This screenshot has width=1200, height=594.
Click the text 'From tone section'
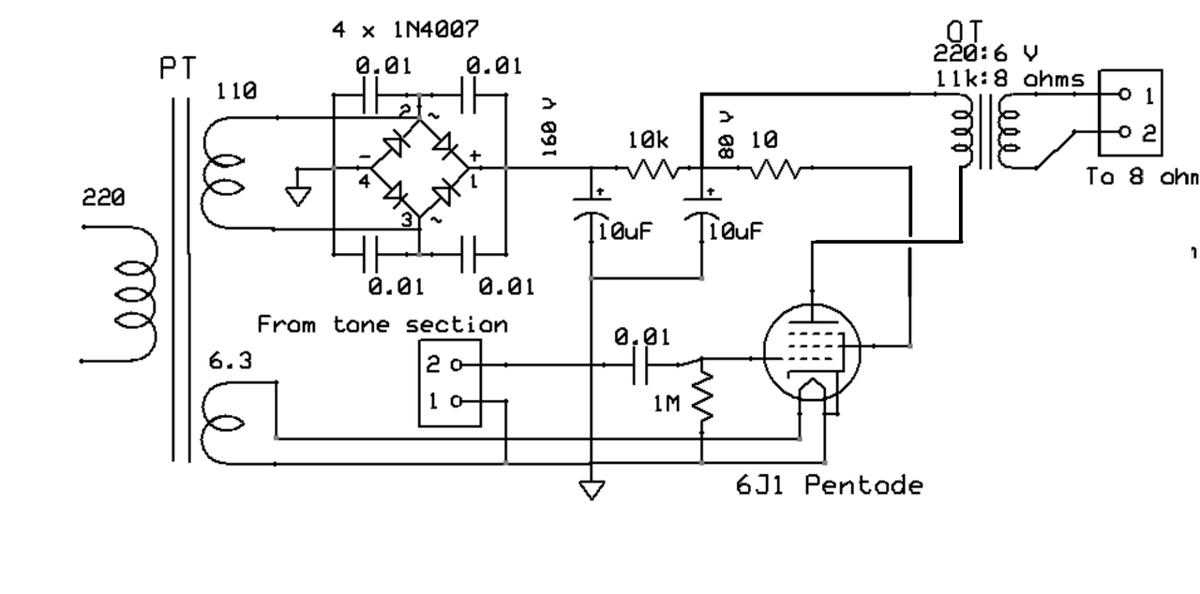click(382, 325)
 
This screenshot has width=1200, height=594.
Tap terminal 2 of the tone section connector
click(457, 365)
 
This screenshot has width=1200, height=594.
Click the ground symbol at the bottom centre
click(592, 489)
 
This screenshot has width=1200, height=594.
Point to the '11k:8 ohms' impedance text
click(1010, 80)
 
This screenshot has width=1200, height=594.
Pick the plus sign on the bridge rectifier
click(474, 155)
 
